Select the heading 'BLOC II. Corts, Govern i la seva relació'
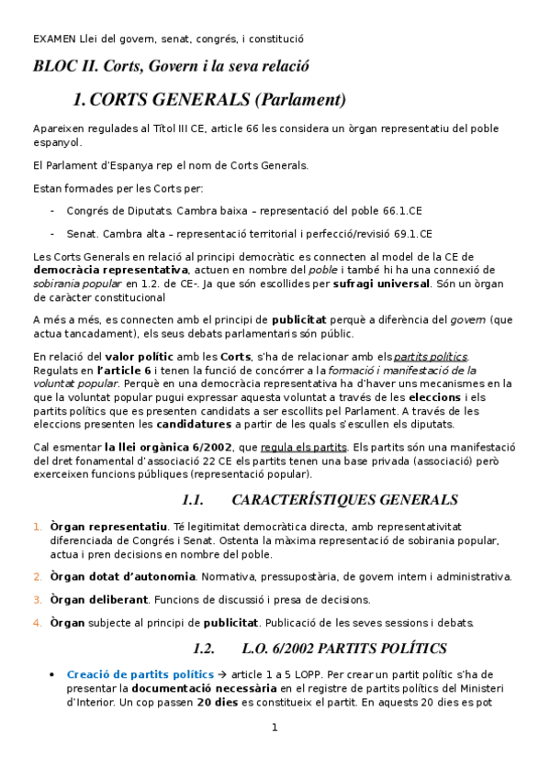171,67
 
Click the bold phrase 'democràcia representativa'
110,270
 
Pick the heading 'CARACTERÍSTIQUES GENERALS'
344,500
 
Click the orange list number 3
38,600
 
